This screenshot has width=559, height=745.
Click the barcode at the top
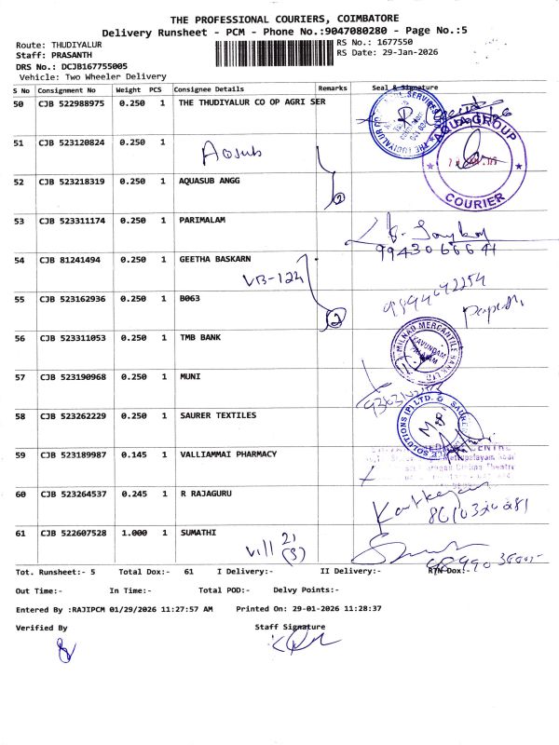coord(274,52)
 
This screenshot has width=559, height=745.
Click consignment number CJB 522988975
coord(72,103)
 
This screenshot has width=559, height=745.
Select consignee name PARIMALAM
coord(203,221)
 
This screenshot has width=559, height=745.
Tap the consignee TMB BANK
coord(199,338)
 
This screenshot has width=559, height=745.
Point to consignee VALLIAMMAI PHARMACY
coord(227,454)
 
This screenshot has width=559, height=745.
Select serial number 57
coord(19,377)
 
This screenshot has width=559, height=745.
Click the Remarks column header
coord(333,88)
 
